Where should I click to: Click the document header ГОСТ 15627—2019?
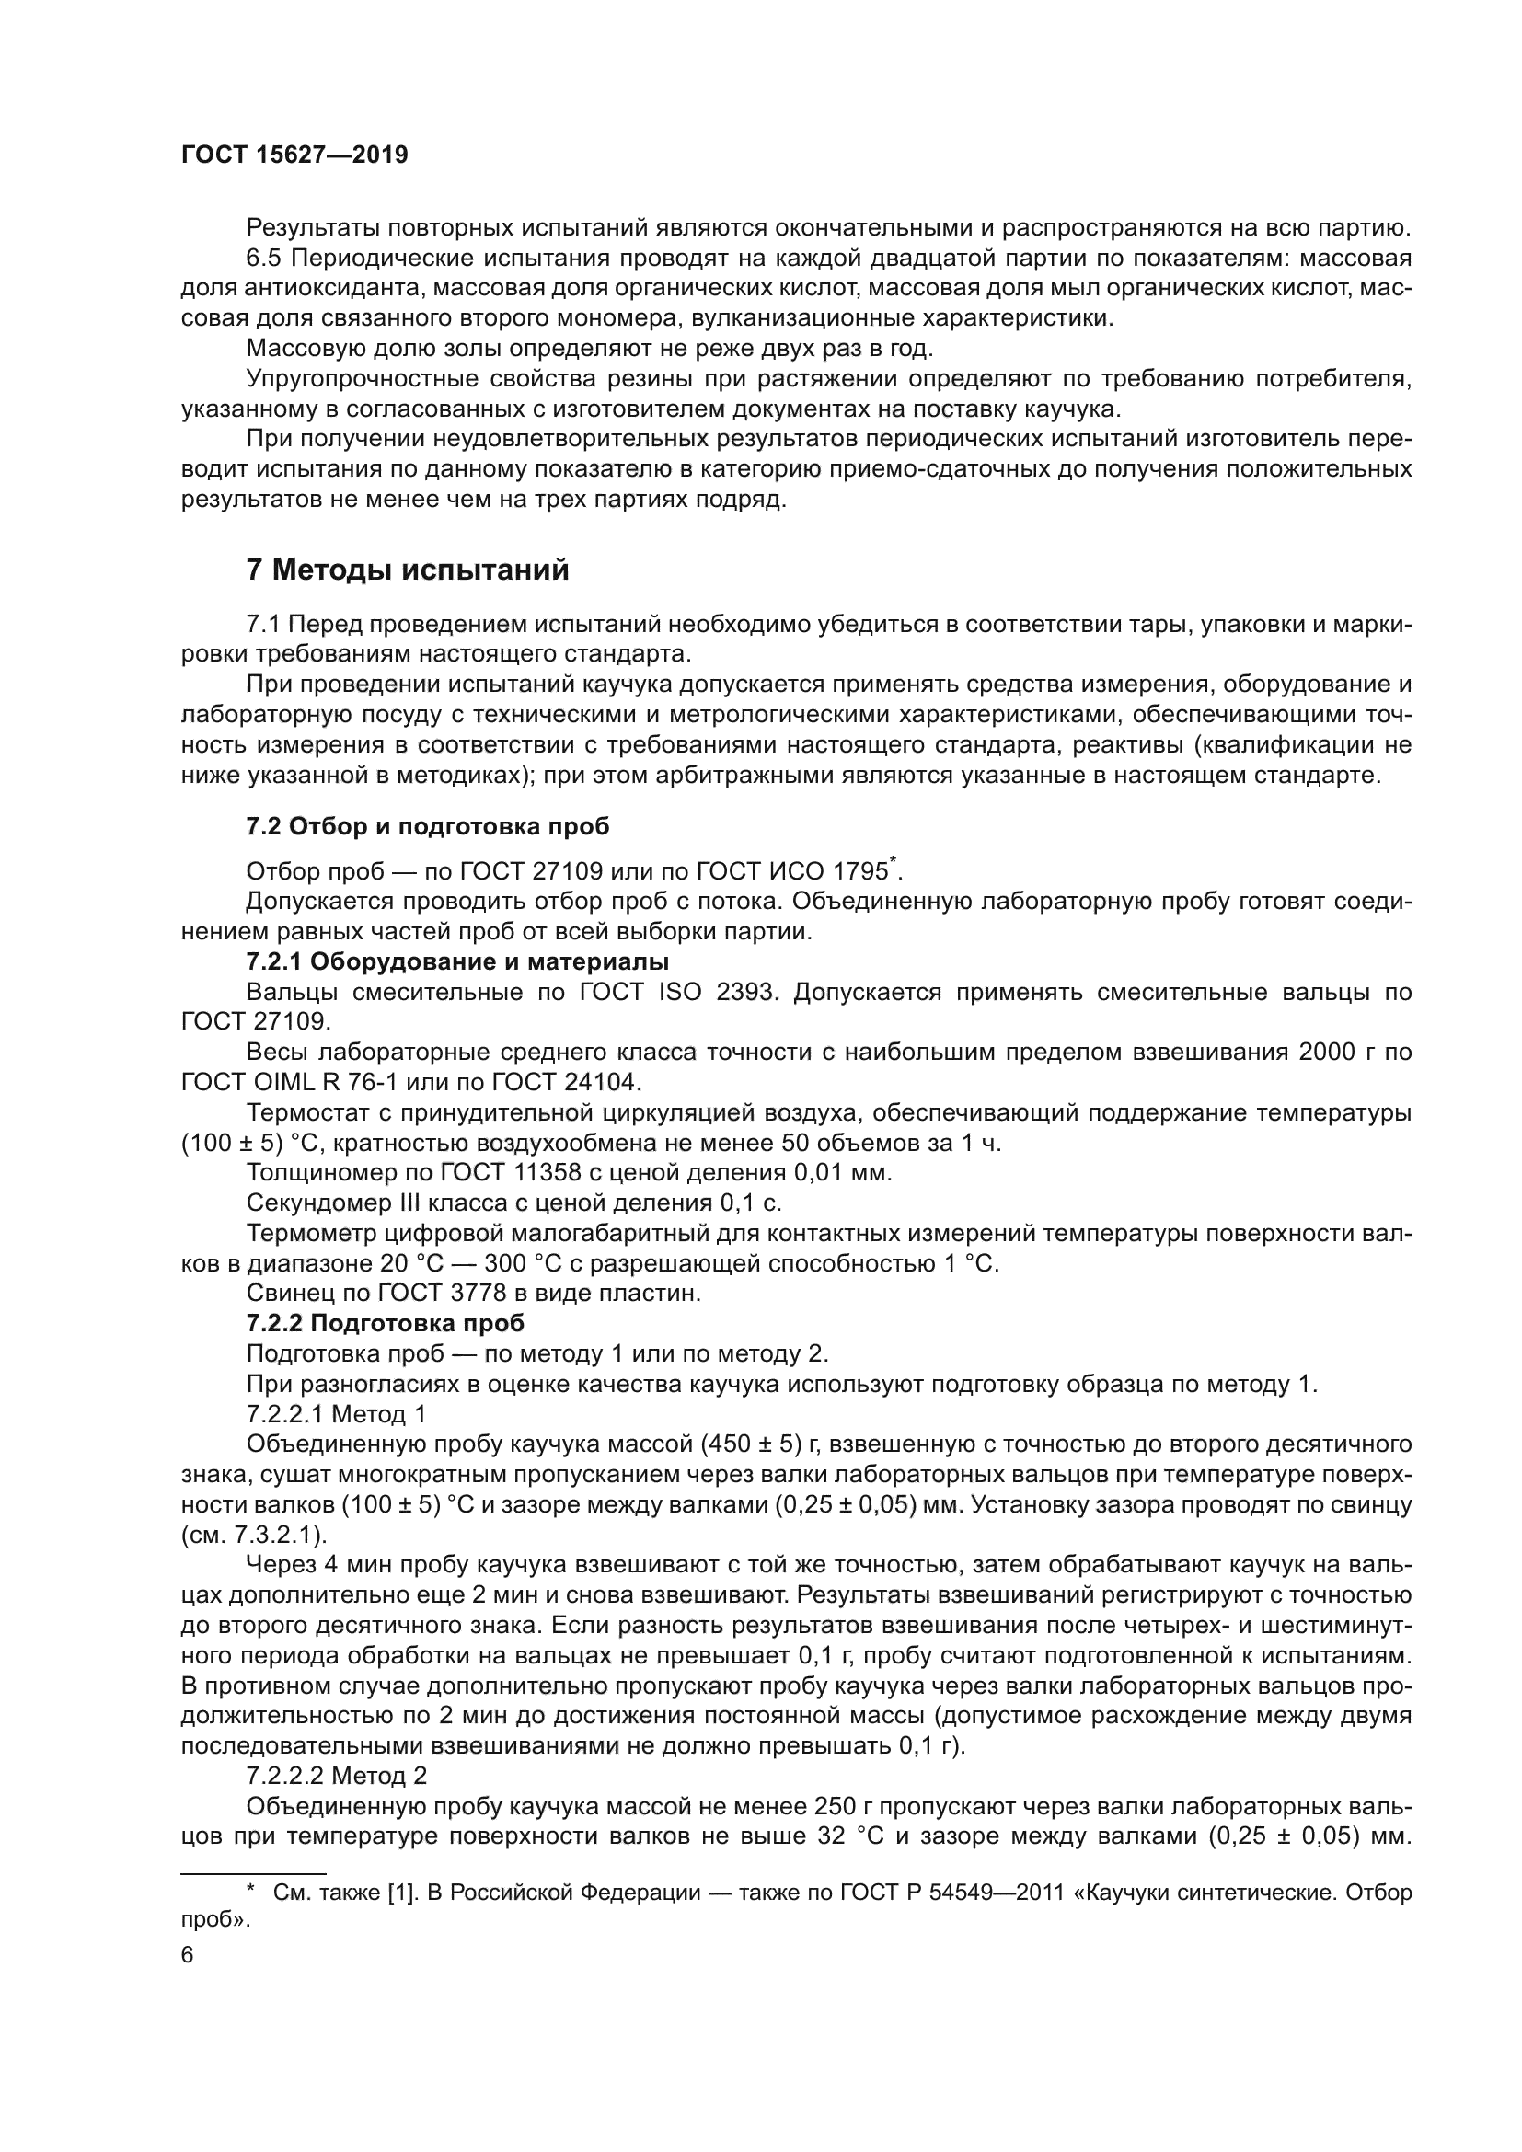294,155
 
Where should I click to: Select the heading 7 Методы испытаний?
407,570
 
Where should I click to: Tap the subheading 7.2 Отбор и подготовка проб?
427,825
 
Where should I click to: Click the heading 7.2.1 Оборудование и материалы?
457,961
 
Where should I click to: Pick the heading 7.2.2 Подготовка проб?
386,1322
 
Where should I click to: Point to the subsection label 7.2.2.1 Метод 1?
336,1412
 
